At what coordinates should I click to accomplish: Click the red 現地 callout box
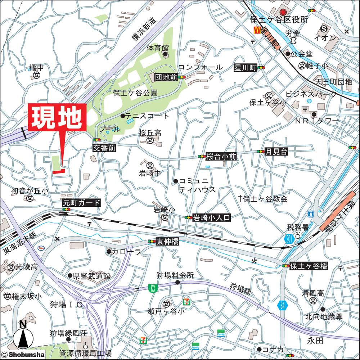coord(58,118)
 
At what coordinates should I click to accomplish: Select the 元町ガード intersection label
coord(82,203)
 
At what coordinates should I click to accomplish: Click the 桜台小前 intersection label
coord(221,157)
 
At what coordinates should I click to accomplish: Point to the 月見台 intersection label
coord(276,152)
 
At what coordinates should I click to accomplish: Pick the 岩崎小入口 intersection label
coord(211,217)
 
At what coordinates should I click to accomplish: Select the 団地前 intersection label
coord(166,77)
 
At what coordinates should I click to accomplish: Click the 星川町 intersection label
coord(245,68)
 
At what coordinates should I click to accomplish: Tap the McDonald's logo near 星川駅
coord(257,30)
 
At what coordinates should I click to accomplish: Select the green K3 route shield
coord(153,288)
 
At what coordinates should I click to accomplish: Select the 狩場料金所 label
coord(175,275)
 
